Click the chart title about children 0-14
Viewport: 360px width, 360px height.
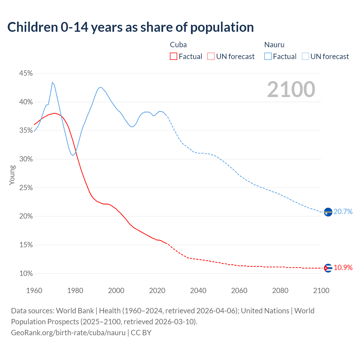130,27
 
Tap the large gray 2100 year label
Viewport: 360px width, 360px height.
291,89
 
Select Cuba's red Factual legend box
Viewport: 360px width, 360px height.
174,57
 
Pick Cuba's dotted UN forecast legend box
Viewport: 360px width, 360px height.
211,57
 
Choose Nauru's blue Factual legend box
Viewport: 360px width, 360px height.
268,57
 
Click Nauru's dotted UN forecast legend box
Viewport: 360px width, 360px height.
305,57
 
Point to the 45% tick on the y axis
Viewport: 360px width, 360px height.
26,73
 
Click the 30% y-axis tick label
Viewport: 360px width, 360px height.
26,159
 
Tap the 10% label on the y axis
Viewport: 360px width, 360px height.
26,273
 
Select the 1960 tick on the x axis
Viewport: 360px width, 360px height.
34,291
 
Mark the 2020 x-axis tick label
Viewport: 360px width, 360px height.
157,291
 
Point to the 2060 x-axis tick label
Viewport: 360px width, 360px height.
239,291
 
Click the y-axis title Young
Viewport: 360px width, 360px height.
12,175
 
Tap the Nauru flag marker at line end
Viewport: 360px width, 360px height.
328,212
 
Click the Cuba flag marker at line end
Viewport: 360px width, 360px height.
328,268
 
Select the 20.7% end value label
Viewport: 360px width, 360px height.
343,212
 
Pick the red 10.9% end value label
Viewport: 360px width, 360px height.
343,267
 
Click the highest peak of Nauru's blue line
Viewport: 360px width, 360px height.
52,82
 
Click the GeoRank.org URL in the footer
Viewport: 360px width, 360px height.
68,333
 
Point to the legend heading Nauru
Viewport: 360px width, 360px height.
274,45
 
